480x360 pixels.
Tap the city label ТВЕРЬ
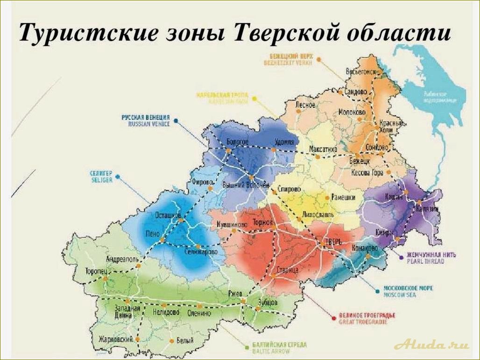point(332,242)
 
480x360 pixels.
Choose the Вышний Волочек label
point(246,184)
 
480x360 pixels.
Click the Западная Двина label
point(127,312)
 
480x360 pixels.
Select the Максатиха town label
point(323,149)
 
